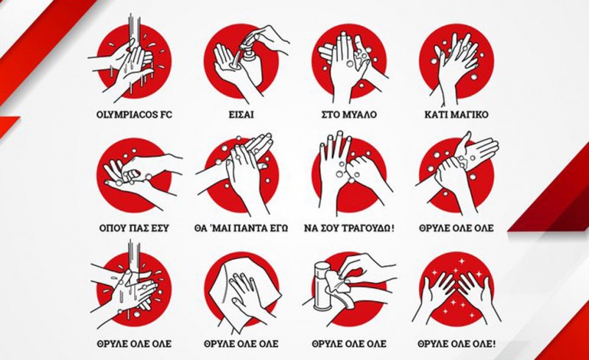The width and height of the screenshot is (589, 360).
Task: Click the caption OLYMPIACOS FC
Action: coord(134,115)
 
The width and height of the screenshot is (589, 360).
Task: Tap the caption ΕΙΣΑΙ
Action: coord(241,115)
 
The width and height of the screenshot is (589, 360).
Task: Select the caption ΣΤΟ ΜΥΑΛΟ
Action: coord(349,115)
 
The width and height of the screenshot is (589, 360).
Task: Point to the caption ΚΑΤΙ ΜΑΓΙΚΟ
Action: coord(456,115)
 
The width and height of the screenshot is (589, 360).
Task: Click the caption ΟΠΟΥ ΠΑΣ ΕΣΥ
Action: coord(134,228)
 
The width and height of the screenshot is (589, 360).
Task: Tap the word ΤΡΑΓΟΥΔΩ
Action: coord(367,228)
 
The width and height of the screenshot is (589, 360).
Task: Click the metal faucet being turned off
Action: coord(322,286)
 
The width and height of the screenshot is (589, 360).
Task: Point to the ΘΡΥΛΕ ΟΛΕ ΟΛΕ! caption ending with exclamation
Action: coord(456,344)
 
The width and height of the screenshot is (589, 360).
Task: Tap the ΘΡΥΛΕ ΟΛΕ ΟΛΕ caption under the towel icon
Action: coord(241,344)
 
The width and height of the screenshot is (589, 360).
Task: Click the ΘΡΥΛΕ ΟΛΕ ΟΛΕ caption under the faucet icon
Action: coord(349,344)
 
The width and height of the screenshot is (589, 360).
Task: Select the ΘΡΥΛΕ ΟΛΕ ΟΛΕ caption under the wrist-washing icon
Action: coord(456,228)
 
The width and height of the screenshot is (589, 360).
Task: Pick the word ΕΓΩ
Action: coord(280,228)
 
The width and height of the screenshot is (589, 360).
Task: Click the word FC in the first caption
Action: coord(166,115)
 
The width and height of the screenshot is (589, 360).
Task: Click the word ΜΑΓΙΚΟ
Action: coord(471,115)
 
